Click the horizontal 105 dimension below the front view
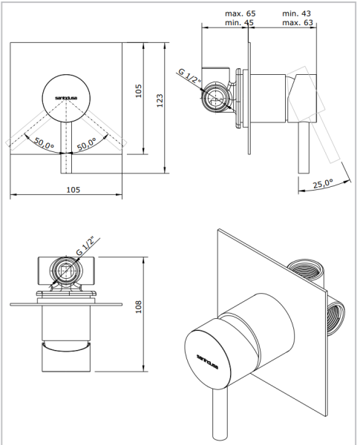pos(72,190)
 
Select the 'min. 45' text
pos(240,24)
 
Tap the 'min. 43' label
pos(297,14)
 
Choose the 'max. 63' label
pos(297,24)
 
